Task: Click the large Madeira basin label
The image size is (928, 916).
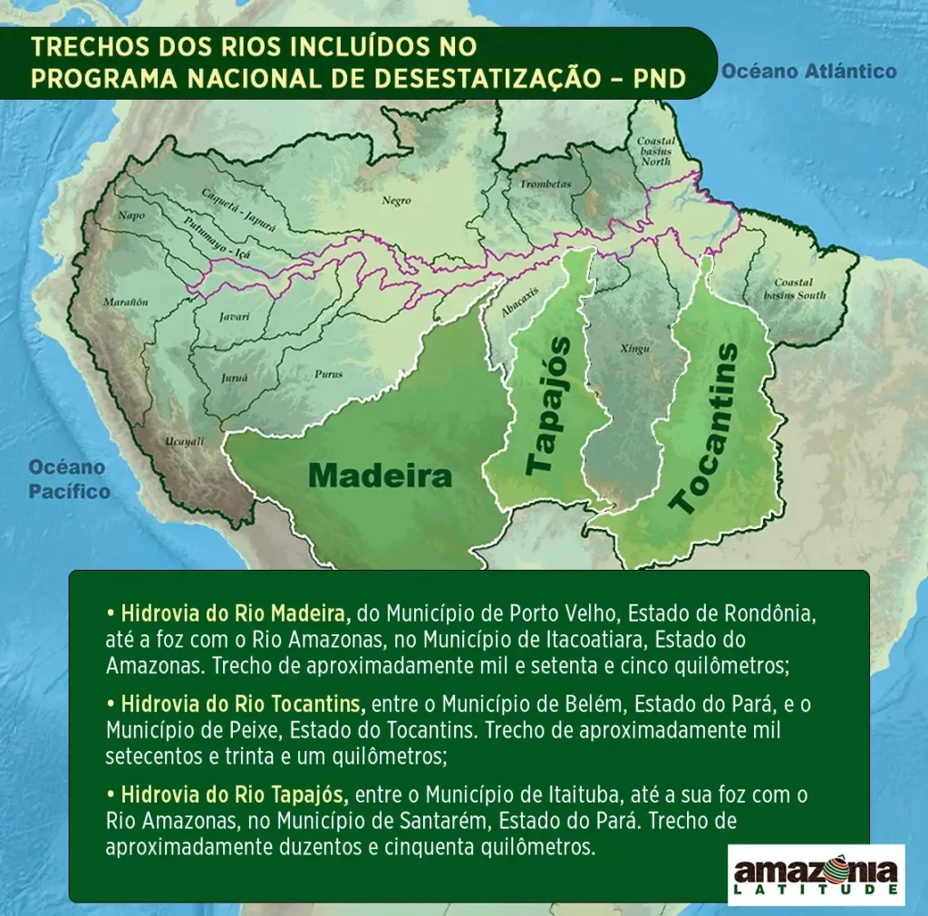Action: [380, 476]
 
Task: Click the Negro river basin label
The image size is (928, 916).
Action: [396, 201]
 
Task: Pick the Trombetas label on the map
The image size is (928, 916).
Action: [546, 184]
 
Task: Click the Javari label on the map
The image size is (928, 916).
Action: [234, 317]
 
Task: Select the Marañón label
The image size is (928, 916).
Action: [126, 302]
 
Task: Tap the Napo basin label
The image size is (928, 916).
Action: [131, 216]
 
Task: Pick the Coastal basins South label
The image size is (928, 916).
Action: [794, 289]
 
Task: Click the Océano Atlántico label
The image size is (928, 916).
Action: [808, 71]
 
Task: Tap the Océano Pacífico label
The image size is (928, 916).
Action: [68, 479]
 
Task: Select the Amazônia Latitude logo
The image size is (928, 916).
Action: [816, 874]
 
